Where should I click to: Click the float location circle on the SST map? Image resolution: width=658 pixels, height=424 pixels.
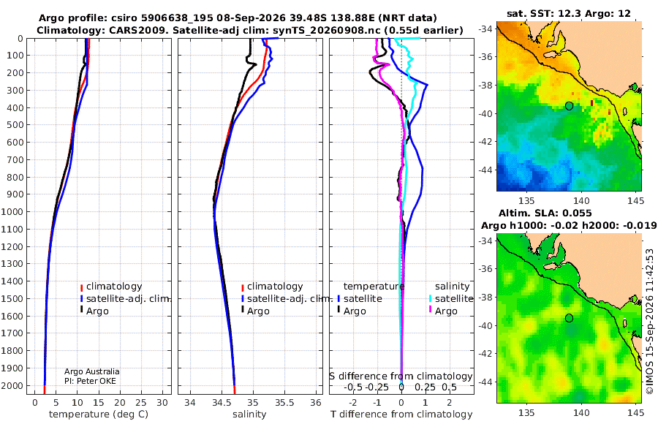click(569, 106)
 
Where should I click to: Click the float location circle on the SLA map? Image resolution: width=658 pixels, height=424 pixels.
click(569, 318)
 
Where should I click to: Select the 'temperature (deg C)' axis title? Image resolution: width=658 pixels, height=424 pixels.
click(99, 414)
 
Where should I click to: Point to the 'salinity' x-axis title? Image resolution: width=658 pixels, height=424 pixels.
click(249, 414)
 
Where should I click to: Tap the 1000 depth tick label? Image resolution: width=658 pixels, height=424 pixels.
click(13, 211)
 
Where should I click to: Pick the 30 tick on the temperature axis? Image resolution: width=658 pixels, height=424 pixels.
click(162, 403)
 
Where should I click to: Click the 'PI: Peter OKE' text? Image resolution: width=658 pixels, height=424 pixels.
click(90, 381)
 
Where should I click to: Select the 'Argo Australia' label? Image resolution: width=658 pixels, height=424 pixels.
click(92, 371)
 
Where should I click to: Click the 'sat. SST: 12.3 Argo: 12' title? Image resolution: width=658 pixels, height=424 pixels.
click(569, 13)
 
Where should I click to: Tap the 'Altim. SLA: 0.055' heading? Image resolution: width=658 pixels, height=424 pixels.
click(545, 213)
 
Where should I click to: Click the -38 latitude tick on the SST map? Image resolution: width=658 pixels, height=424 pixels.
click(486, 86)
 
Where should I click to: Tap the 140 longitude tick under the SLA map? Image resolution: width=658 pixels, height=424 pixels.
click(581, 413)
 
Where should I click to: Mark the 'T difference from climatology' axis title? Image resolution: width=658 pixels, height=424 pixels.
click(401, 414)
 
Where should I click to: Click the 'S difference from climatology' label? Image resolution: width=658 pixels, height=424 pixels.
click(401, 376)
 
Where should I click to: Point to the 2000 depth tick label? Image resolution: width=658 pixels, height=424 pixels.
click(13, 385)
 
